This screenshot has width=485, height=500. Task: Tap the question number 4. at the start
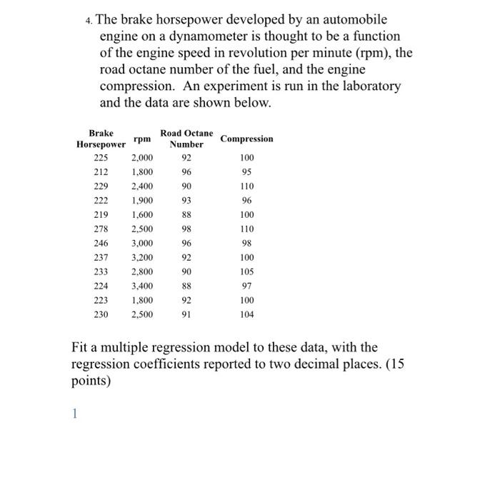[x=89, y=20]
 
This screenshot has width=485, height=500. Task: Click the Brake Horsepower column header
[x=101, y=139]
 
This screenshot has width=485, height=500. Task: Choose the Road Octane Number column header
[x=186, y=139]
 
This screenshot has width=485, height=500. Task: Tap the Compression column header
[x=247, y=139]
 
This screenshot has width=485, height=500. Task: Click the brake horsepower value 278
[x=101, y=229]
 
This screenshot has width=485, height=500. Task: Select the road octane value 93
[x=186, y=201]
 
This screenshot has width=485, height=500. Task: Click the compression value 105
[x=247, y=272]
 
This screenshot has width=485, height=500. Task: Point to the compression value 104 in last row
[x=247, y=315]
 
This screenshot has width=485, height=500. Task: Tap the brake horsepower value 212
[x=101, y=172]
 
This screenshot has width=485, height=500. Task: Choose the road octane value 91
[x=186, y=315]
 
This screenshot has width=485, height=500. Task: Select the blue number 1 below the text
[x=73, y=413]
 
